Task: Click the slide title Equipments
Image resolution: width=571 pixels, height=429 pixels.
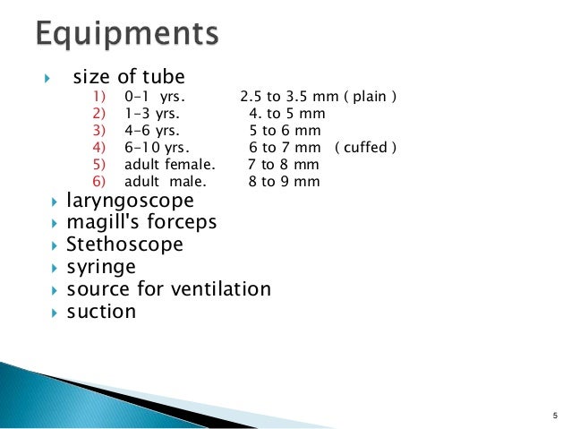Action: [126, 37]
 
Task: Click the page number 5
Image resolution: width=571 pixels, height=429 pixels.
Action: [555, 415]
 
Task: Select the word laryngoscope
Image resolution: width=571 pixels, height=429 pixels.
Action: [130, 200]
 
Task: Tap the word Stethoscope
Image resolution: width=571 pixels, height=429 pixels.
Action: [124, 244]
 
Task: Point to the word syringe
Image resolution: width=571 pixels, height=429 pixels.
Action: [101, 267]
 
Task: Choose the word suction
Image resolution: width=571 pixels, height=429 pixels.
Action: [101, 312]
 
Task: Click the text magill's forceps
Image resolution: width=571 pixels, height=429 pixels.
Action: [141, 221]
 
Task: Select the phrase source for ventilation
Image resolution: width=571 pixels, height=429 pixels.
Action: [168, 289]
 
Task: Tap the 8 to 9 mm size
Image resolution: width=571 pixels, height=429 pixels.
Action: [284, 182]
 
